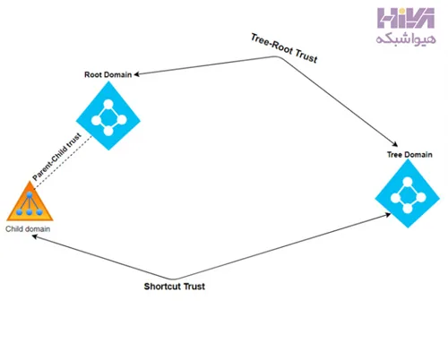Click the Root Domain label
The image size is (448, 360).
pos(108,74)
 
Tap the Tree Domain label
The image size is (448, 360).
pos(409,155)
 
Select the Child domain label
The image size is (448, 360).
pos(28,229)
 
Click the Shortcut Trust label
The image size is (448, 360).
pos(175,287)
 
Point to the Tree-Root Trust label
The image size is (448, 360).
pos(284,48)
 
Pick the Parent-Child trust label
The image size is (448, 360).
pos(56,157)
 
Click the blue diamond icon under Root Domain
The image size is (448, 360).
pos(108,116)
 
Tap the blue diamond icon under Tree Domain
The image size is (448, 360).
pos(408,193)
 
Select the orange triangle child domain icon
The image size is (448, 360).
pos(30,201)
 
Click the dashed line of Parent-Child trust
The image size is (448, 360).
pos(63,162)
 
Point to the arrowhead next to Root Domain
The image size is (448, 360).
pos(136,74)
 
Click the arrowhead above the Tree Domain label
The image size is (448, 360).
pos(395,144)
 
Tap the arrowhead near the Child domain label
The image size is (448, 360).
pos(35,236)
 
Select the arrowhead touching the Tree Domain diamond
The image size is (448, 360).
pos(388,215)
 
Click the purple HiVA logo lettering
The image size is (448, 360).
pos(406,18)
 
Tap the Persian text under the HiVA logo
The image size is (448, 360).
pos(406,39)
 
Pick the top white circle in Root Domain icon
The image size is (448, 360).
pos(108,104)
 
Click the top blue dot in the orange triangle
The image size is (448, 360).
pos(30,195)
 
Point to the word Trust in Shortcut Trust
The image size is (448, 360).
pos(194,287)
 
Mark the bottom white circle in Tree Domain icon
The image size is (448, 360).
pos(408,209)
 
